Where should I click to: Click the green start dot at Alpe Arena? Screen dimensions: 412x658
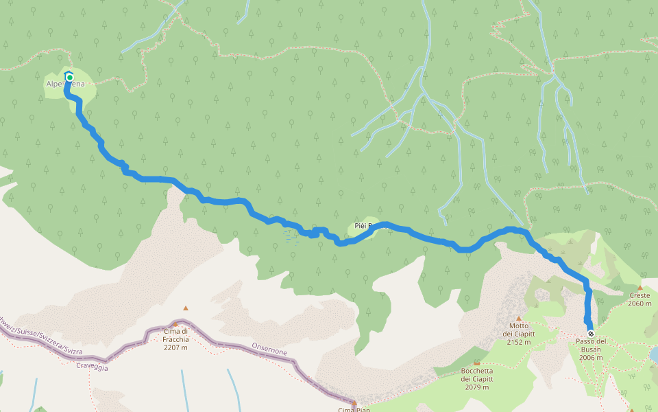coord(69,77)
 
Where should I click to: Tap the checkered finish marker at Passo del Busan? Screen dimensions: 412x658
coord(590,334)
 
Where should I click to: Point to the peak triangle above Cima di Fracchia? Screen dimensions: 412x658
coord(185,308)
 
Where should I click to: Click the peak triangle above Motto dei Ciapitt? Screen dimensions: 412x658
coord(519,318)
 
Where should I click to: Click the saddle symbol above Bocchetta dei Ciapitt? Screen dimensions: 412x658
coord(477,363)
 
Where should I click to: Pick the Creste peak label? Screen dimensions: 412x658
coord(640,296)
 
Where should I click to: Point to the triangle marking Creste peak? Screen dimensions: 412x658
coord(640,288)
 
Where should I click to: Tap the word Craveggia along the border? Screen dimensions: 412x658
coord(92,367)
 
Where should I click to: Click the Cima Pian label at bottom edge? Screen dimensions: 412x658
coord(354,409)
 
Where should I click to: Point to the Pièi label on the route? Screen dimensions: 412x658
coord(362,225)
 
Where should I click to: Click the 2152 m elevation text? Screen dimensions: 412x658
coord(519,343)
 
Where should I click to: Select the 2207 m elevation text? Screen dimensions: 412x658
coord(175,347)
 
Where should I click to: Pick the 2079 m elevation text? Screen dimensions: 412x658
coord(477,387)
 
